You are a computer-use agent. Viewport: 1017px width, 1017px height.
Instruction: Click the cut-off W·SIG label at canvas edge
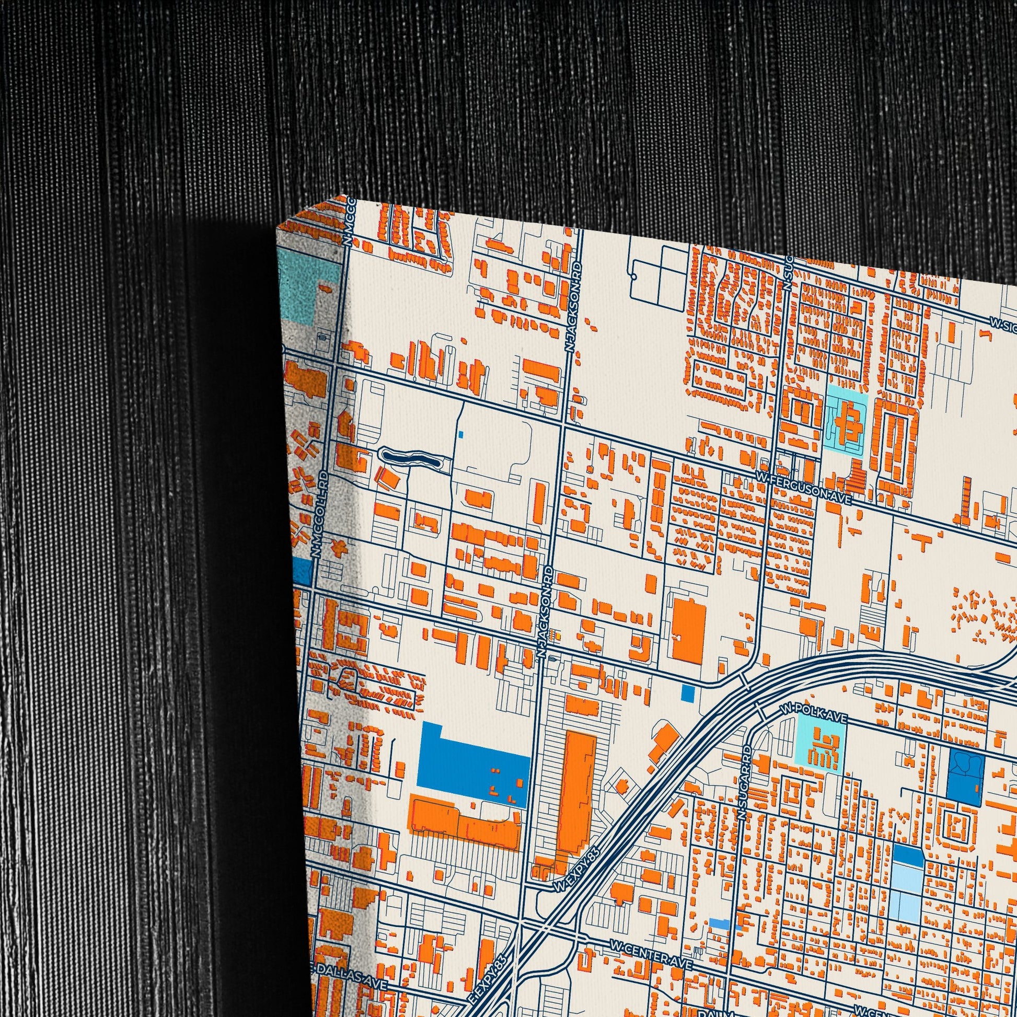tap(1002, 323)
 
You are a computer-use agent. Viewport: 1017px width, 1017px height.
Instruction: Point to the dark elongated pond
tap(411, 457)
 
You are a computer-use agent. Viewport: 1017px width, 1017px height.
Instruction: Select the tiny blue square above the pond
tap(461, 434)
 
